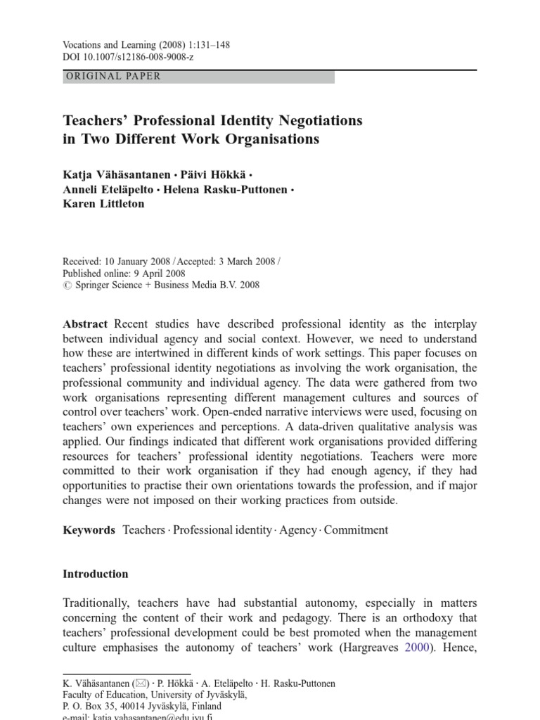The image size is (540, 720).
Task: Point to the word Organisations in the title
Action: click(x=272, y=139)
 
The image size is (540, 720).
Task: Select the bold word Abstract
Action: click(x=86, y=323)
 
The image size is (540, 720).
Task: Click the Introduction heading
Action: click(x=96, y=574)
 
